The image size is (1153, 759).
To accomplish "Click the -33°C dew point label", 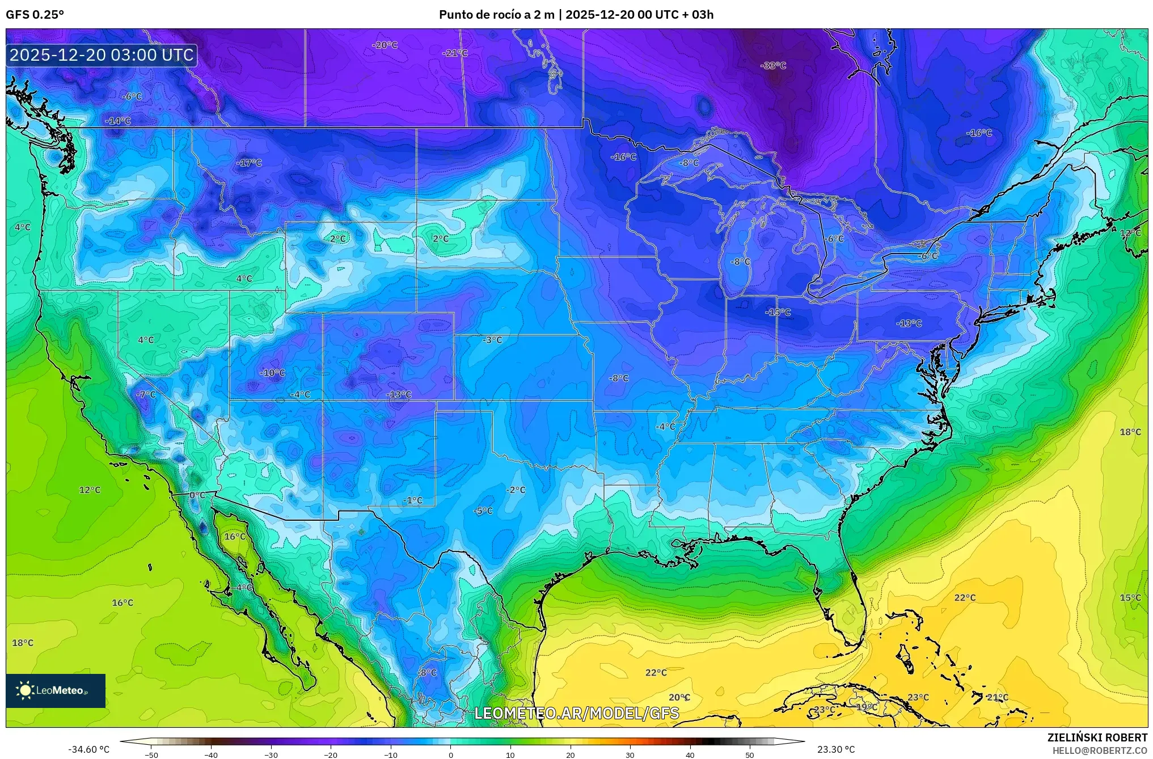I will [773, 66].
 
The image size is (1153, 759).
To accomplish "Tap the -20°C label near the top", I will [385, 45].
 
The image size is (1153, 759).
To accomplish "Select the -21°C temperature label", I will [455, 53].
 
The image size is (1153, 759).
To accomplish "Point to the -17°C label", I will [249, 163].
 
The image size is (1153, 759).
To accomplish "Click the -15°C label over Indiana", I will [778, 312].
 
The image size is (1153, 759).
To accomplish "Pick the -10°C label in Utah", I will [272, 373].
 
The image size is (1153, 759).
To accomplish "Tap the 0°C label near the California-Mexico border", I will [197, 495].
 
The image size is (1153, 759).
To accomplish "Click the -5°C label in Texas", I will [483, 511].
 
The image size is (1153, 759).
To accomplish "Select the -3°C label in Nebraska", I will [492, 340].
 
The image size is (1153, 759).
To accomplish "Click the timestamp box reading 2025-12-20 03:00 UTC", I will [102, 55].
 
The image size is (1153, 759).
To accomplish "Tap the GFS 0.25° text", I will [35, 15].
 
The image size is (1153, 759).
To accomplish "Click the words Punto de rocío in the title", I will [478, 15].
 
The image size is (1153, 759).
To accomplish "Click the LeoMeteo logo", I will [56, 690].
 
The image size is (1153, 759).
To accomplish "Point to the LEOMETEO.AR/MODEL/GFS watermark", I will [576, 713].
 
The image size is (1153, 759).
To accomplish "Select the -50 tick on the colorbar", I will [151, 754].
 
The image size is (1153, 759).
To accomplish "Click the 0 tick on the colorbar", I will [451, 754].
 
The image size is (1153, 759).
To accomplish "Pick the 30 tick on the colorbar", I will [630, 754].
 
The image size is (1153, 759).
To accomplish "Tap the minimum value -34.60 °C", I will [89, 749].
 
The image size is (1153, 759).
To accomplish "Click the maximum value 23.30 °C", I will [835, 749].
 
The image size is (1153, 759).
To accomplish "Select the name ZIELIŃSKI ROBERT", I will [1097, 737].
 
